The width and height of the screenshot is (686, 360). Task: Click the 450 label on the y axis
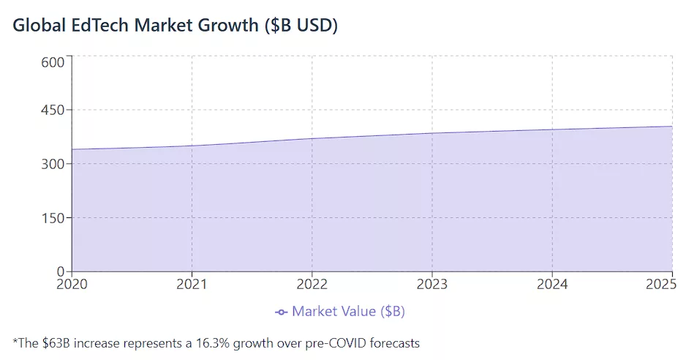(x=53, y=110)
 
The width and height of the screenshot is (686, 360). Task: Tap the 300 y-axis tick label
(x=53, y=164)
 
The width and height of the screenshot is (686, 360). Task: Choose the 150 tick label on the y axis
(x=53, y=218)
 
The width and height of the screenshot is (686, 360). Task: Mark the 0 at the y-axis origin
(x=61, y=271)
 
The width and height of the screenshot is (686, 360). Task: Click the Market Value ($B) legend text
(x=348, y=312)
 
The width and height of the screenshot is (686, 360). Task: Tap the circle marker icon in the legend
(x=281, y=312)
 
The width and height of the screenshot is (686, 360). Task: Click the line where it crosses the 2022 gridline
(x=312, y=138)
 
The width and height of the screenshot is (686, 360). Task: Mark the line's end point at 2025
(x=672, y=127)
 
